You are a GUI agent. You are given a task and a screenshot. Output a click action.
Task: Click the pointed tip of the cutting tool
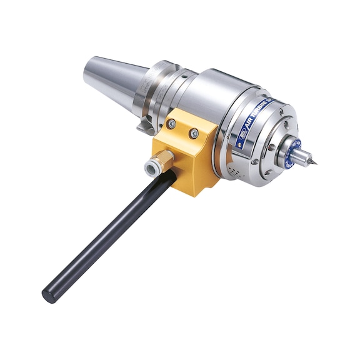click(x=316, y=164)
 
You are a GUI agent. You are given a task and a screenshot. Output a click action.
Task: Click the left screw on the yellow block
click(x=171, y=124)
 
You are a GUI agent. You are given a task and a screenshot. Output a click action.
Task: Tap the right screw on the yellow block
click(x=194, y=133)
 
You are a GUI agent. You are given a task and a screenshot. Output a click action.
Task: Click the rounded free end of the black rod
click(x=48, y=295)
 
